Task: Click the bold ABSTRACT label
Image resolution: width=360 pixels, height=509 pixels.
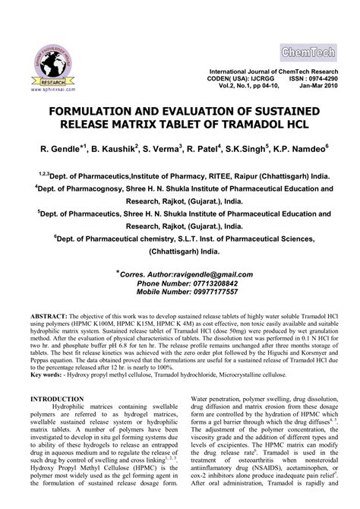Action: [x=47, y=314]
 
